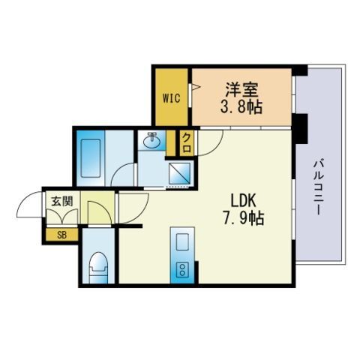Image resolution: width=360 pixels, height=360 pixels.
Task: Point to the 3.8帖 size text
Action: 241,106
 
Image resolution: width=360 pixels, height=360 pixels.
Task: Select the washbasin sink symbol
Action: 154,139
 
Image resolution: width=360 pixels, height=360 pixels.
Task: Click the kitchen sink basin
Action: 181,241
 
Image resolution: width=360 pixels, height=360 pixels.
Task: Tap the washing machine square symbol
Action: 179,174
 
